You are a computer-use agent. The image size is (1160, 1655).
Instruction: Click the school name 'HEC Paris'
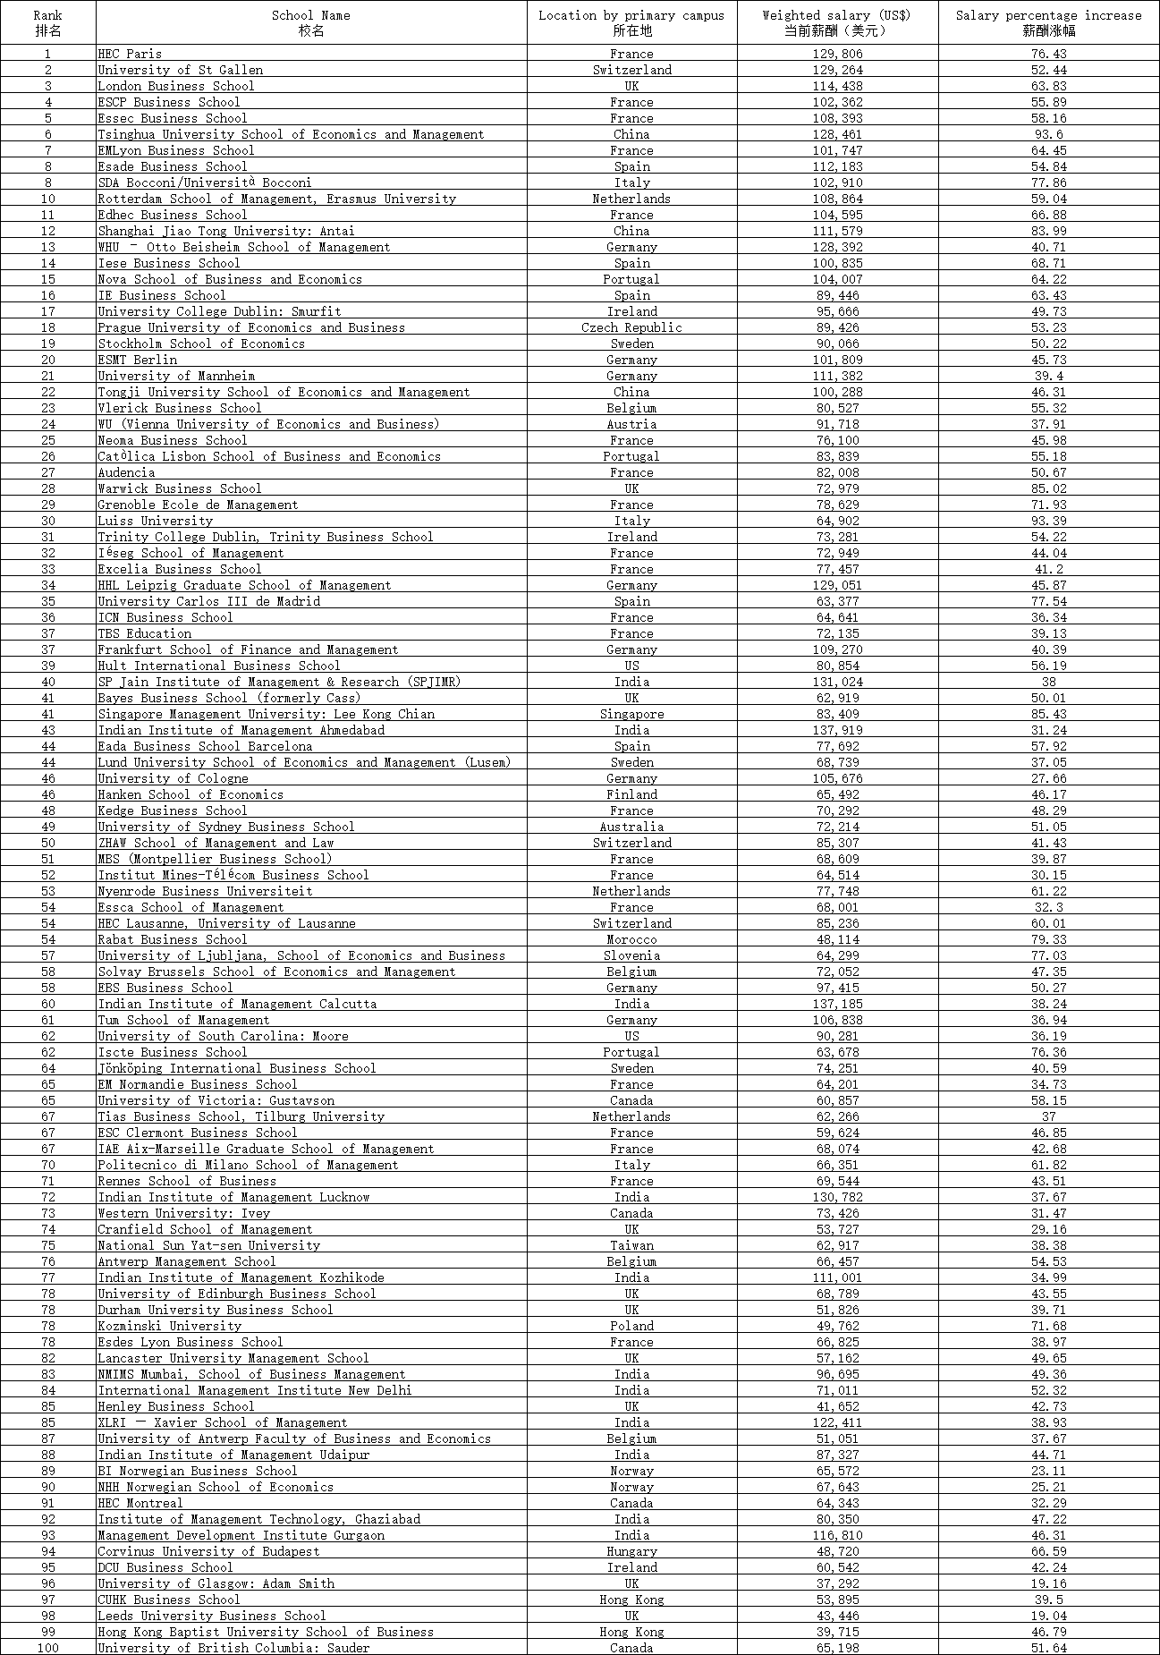(130, 54)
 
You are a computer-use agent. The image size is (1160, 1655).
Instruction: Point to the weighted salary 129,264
(837, 70)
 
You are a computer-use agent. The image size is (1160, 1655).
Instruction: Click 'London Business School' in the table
(175, 86)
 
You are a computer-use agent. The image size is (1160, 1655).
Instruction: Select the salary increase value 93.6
(1048, 134)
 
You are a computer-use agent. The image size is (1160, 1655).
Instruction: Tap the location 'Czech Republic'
(631, 327)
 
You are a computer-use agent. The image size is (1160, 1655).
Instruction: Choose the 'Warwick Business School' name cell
(179, 488)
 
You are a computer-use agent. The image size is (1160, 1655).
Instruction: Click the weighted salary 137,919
(837, 730)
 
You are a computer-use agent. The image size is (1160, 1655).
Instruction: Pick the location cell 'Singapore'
(631, 714)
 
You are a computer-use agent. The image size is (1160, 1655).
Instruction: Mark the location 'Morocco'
(631, 939)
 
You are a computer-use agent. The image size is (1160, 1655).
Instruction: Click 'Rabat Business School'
(172, 939)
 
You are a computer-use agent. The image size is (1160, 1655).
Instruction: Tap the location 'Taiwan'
(631, 1245)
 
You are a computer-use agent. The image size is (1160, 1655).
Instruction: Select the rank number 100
(48, 1648)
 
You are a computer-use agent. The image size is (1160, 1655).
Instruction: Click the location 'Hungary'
(631, 1551)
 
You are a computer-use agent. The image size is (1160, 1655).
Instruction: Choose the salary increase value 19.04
(1048, 1616)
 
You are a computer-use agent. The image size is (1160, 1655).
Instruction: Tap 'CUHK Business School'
(168, 1600)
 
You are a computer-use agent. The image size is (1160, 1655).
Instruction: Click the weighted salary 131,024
(837, 682)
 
